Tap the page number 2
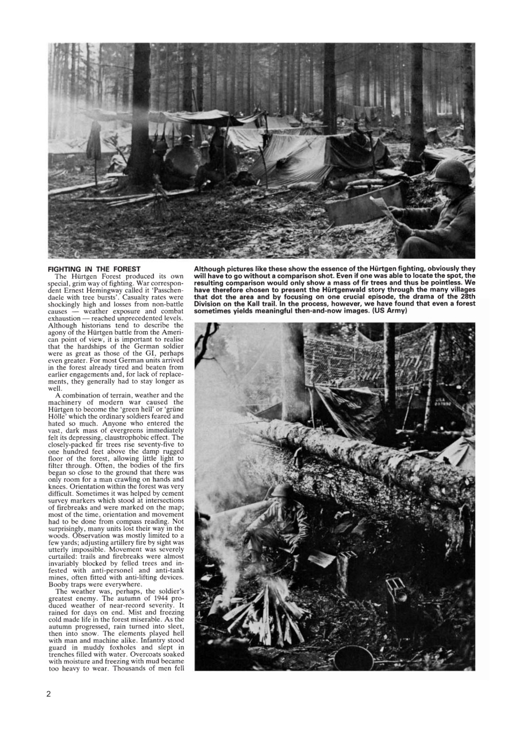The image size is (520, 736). click(x=49, y=693)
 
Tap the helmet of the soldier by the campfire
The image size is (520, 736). click(x=282, y=491)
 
